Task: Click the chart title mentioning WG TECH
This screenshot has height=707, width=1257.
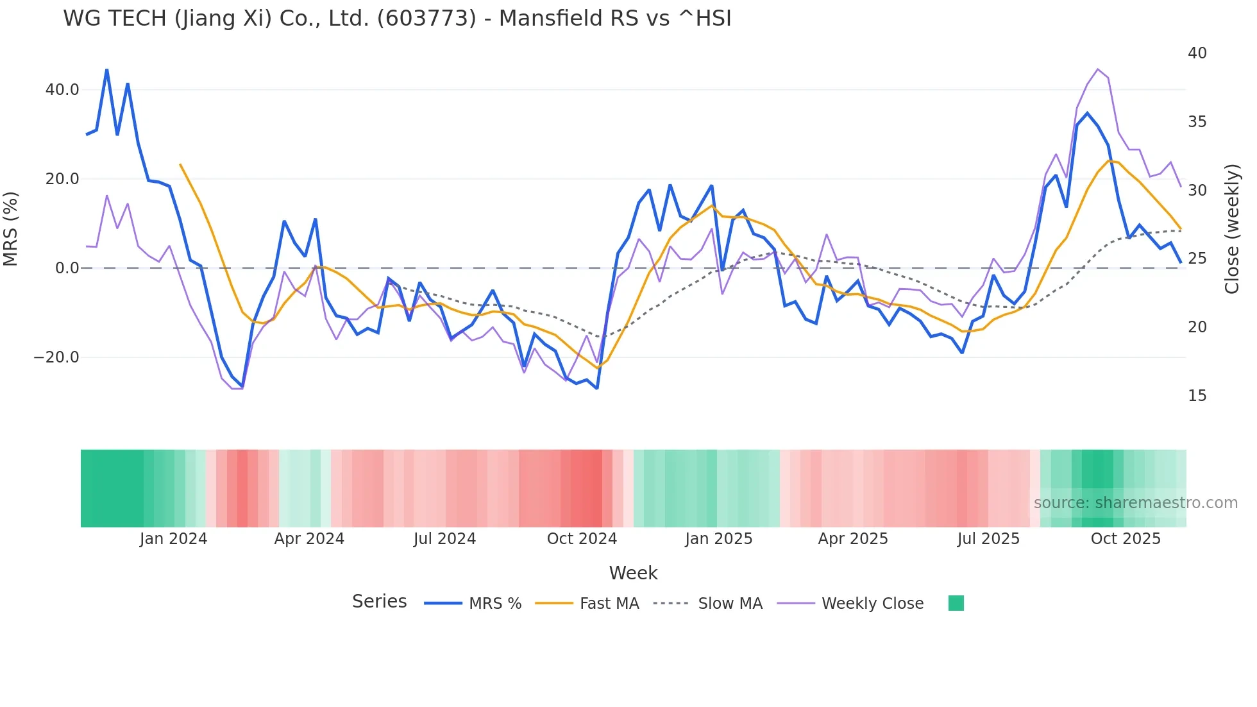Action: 397,19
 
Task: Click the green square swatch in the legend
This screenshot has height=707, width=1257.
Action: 956,603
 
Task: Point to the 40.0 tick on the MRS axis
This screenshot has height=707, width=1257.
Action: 62,90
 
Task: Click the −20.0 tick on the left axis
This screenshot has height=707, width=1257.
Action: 56,357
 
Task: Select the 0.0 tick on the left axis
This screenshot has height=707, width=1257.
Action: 67,268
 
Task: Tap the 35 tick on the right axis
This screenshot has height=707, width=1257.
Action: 1197,122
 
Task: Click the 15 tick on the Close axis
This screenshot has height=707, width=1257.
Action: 1197,396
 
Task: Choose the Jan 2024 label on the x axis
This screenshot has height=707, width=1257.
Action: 173,539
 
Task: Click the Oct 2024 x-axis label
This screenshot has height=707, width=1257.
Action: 582,539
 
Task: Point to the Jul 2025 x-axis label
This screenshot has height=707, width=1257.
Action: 988,539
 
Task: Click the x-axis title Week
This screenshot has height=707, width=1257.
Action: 633,573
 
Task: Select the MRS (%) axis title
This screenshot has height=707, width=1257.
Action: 11,228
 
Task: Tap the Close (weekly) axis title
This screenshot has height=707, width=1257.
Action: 1232,229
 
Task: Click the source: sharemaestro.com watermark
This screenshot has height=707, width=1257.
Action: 1135,503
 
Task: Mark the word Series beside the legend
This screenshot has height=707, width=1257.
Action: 379,602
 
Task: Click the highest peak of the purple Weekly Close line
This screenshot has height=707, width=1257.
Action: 1097,69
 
